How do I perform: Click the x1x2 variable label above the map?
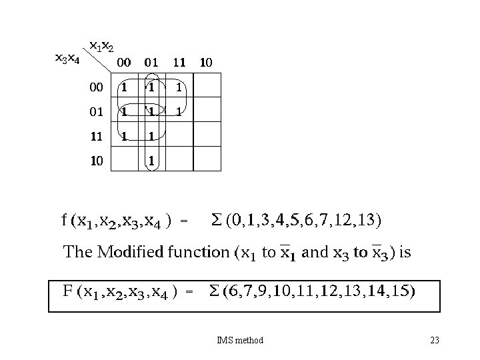[x=102, y=47]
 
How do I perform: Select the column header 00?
[x=123, y=63]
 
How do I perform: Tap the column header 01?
[x=151, y=63]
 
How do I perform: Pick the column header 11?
[x=179, y=63]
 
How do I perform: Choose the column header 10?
[x=206, y=63]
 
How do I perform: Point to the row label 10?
[x=97, y=160]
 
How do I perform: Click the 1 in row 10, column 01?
[x=151, y=160]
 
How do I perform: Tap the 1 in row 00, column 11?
[x=179, y=87]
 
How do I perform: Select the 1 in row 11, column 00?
[x=123, y=135]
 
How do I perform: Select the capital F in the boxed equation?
[x=67, y=291]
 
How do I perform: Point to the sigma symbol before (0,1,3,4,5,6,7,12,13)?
[x=215, y=219]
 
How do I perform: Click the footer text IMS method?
[x=240, y=341]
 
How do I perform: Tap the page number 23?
[x=435, y=341]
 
